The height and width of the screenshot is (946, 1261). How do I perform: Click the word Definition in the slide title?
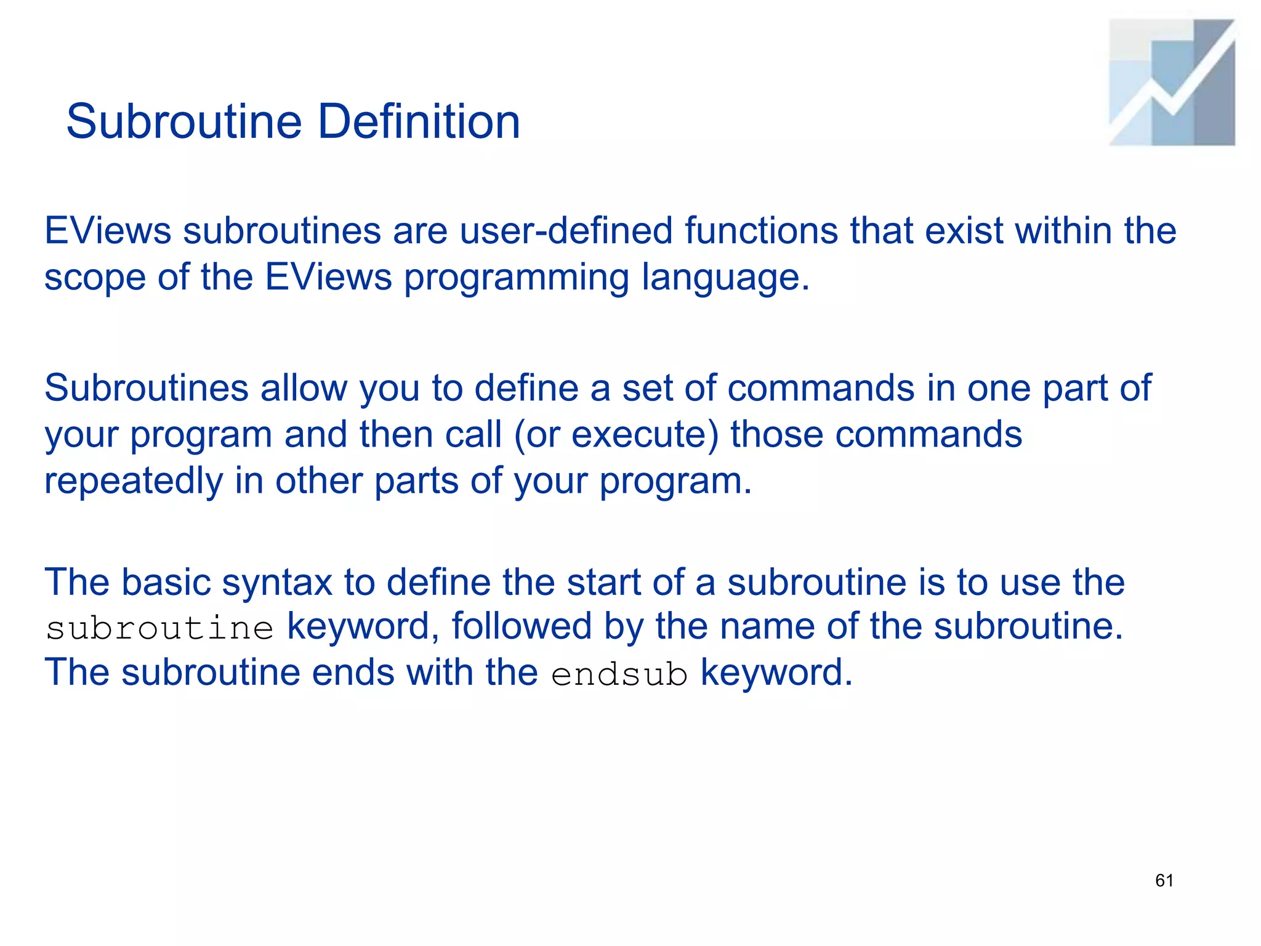coord(419,121)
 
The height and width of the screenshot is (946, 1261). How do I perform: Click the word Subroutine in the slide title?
coord(183,121)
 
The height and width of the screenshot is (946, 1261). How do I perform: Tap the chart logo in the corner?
coord(1172,83)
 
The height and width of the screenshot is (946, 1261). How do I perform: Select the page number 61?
coord(1164,881)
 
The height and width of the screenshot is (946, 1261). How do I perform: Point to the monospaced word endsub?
coord(619,674)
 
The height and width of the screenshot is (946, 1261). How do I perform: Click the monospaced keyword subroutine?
coord(159,628)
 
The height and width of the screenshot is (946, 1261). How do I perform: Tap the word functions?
coord(761,230)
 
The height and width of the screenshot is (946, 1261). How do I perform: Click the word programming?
coord(516,277)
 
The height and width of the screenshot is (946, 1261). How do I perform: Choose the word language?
coord(725,277)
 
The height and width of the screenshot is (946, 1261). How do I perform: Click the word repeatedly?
coord(134,480)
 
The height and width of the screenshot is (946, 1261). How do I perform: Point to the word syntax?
coord(277,582)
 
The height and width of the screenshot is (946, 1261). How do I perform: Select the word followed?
coord(522,626)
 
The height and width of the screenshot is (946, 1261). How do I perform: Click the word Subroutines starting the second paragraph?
coord(147,388)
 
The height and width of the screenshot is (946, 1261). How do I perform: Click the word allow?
coord(304,388)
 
